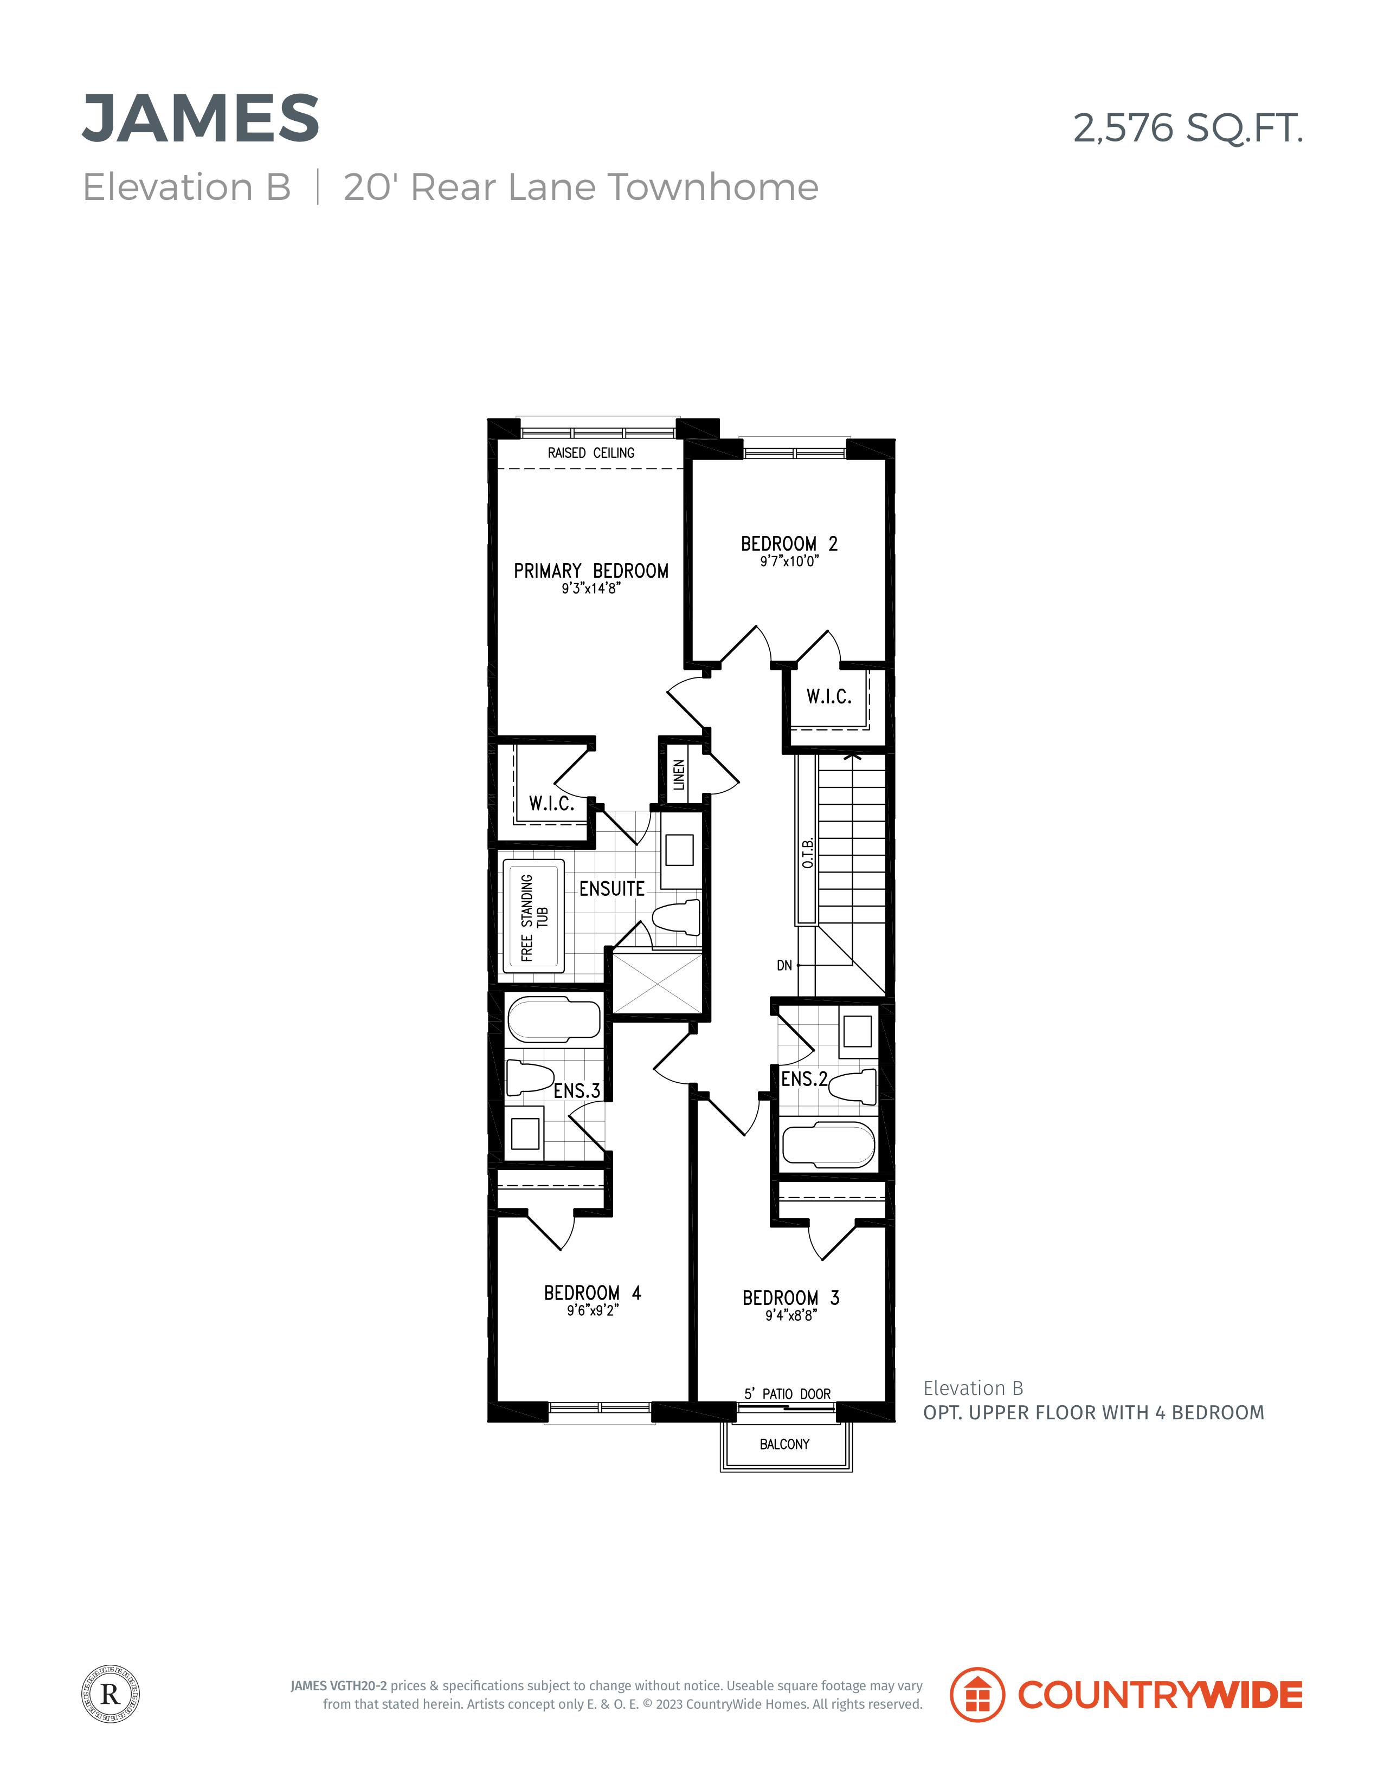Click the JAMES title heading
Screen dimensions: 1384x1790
(201, 118)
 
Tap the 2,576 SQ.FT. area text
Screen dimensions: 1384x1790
(1188, 128)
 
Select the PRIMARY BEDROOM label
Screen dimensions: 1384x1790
(591, 571)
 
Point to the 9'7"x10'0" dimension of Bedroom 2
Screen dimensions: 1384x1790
(789, 561)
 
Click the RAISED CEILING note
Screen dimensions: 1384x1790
(591, 453)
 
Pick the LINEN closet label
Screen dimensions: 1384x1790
(679, 774)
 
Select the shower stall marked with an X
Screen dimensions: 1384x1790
(658, 982)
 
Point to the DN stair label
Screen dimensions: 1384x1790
(784, 966)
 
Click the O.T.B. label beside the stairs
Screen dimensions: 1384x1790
(808, 853)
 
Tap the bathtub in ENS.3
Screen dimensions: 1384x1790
(554, 1019)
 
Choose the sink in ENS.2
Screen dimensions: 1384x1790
(858, 1031)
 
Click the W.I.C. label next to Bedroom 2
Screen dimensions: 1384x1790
(829, 697)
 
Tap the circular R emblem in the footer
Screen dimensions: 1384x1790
(111, 1694)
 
